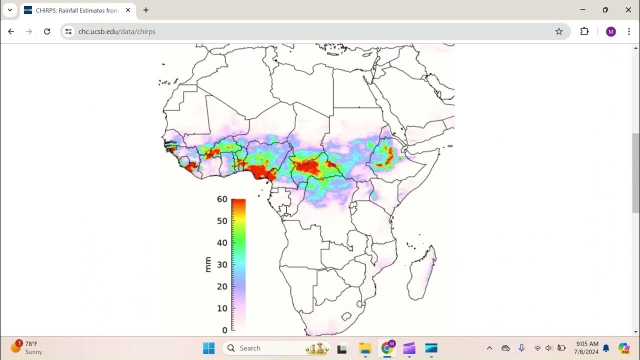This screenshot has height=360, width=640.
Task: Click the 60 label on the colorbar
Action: click(x=222, y=199)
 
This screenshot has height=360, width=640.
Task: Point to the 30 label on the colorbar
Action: click(x=222, y=264)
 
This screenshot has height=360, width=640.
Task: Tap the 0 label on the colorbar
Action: click(x=224, y=330)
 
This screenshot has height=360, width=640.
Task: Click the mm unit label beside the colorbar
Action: click(x=208, y=264)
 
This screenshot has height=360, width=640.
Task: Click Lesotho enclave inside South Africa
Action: click(x=345, y=316)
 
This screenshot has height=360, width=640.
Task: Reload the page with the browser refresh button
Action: click(x=47, y=31)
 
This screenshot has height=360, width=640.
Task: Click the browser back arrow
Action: click(x=11, y=31)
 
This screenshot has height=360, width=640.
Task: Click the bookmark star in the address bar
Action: click(x=559, y=31)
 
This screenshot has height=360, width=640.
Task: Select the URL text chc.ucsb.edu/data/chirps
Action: click(x=117, y=31)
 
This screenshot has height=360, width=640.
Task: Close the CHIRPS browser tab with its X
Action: click(x=128, y=10)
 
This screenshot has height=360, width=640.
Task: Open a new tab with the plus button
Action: click(x=146, y=10)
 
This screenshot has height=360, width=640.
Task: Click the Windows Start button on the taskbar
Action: click(x=208, y=348)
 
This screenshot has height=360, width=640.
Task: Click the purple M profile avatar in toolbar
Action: click(x=610, y=31)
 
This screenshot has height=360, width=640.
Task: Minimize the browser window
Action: click(x=583, y=10)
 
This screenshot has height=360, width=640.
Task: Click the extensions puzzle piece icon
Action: click(x=584, y=31)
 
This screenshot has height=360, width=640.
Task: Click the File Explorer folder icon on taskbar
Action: click(x=365, y=348)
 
